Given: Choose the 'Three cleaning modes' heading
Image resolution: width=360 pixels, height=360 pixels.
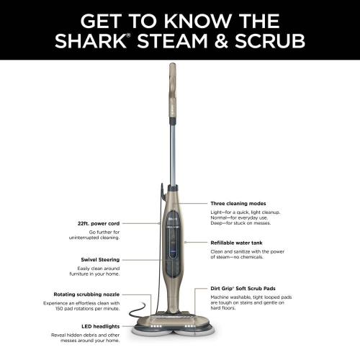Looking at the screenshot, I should point(238,204).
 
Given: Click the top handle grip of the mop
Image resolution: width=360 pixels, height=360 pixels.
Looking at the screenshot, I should point(173,79).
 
